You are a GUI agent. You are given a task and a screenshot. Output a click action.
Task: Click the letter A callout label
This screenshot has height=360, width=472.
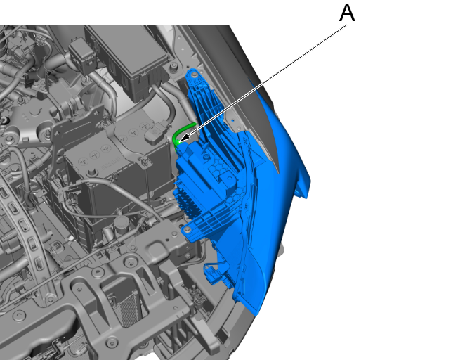[347, 13]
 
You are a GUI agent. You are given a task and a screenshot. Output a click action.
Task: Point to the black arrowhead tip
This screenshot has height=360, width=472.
[179, 141]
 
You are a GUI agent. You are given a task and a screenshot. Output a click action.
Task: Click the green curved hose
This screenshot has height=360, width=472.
[183, 133]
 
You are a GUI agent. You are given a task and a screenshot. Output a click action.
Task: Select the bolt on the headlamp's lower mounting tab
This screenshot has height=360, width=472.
[188, 230]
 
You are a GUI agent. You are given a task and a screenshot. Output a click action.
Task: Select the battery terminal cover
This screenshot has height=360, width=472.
[155, 134]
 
